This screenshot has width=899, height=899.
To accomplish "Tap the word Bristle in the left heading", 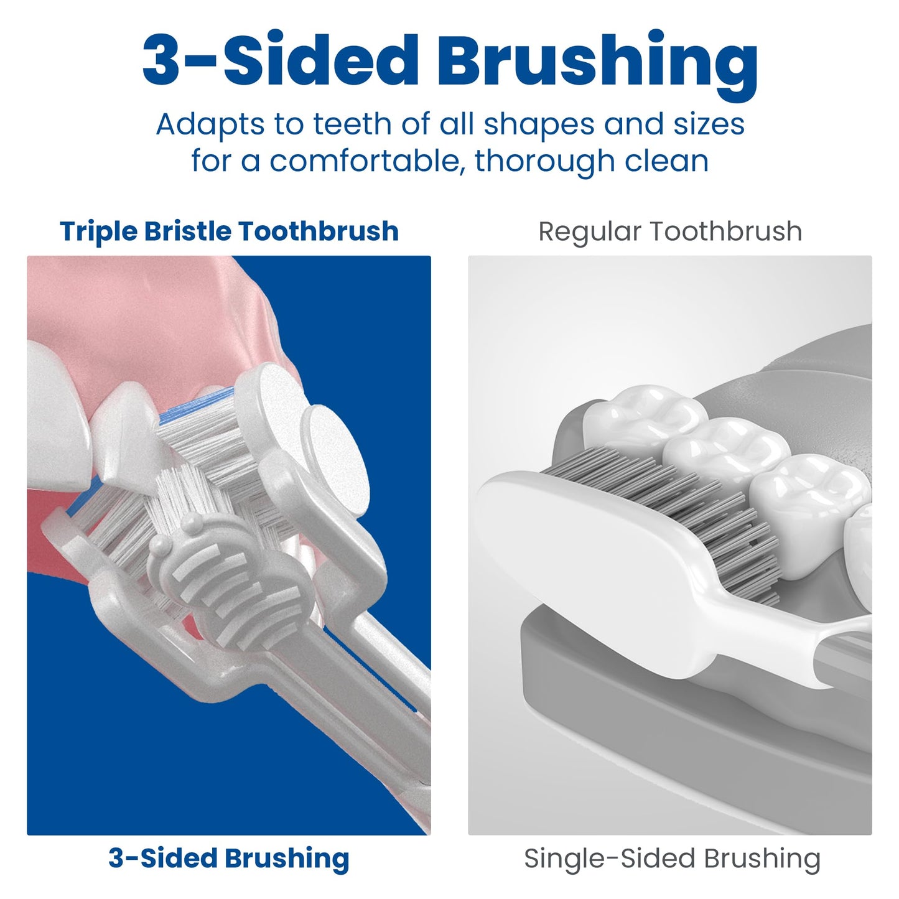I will click(x=187, y=231).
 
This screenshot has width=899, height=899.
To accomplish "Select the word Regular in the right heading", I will click(x=590, y=231).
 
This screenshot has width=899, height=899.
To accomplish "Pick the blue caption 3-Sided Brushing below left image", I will click(x=229, y=858).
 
